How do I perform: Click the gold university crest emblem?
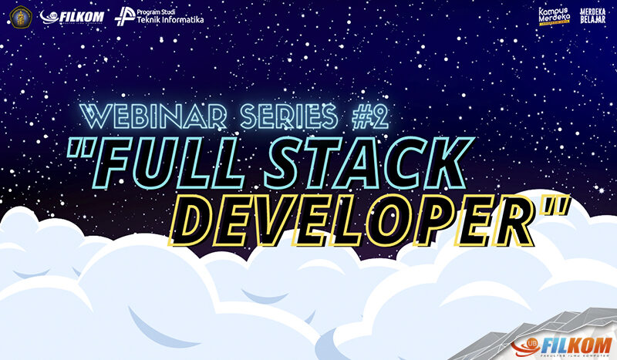click(18, 15)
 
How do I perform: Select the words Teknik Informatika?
click(170, 20)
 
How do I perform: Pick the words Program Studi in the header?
click(159, 11)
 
